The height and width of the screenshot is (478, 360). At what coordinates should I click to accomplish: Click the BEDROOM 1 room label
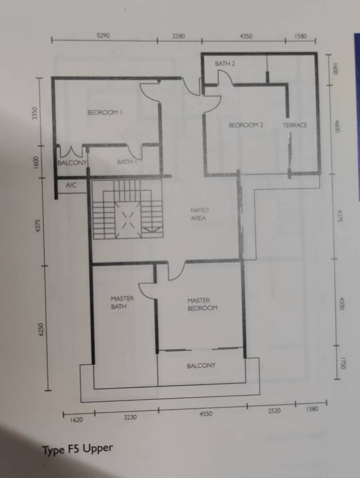pos(105,112)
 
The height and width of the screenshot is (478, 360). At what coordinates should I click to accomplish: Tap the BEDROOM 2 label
pos(246,125)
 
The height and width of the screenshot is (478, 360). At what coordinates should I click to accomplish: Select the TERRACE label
pos(295,125)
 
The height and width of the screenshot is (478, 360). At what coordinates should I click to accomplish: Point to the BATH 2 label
pos(225,64)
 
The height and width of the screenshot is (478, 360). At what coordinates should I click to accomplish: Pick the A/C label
pos(71,185)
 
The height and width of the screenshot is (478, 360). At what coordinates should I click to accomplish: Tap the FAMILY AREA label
pos(199,214)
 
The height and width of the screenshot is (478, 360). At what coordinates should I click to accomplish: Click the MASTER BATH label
pos(122,302)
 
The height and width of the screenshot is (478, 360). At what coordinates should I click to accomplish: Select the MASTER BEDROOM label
pos(202,304)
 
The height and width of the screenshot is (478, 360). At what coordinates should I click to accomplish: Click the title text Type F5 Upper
pos(77,449)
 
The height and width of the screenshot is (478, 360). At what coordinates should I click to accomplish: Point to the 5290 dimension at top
pos(103,36)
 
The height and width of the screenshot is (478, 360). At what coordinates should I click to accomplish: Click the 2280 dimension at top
pos(178,36)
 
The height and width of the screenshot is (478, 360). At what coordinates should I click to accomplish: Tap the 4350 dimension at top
pos(246,36)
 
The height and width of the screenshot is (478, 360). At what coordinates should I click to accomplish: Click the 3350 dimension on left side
pos(35,113)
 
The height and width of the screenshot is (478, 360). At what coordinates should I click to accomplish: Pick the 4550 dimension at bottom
pos(205,414)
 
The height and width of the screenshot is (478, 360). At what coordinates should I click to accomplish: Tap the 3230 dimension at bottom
pos(130,417)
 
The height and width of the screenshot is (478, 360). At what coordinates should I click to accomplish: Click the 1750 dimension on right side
pos(342,363)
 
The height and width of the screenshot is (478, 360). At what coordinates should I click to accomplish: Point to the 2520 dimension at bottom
pos(274,411)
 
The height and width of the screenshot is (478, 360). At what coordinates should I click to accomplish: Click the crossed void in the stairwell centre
pos(128,220)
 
